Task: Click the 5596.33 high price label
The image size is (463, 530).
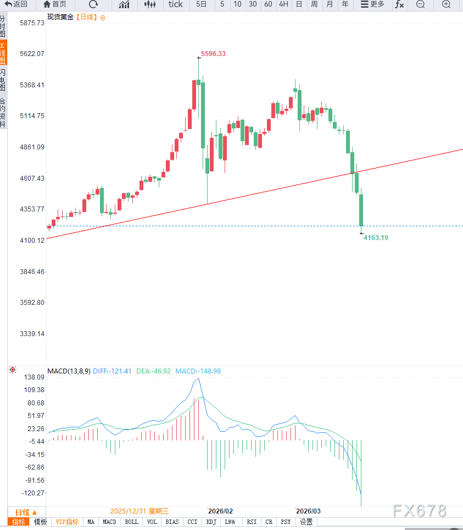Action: (213, 54)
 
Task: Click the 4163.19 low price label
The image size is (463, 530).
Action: (376, 237)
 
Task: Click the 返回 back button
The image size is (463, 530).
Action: (16, 4)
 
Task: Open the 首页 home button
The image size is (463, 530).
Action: (55, 4)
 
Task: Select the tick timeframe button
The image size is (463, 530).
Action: (176, 4)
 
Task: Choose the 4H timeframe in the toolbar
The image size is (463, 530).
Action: (283, 4)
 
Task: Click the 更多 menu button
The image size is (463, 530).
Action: (372, 4)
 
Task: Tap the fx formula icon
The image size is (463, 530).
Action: (399, 4)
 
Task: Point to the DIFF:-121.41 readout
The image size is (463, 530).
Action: (112, 371)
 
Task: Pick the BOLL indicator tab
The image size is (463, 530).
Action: (131, 522)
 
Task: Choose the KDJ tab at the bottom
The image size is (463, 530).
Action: (211, 522)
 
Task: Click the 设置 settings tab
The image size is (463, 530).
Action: (306, 522)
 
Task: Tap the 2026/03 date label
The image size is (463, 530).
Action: (308, 511)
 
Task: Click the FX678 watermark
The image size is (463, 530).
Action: (420, 511)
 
